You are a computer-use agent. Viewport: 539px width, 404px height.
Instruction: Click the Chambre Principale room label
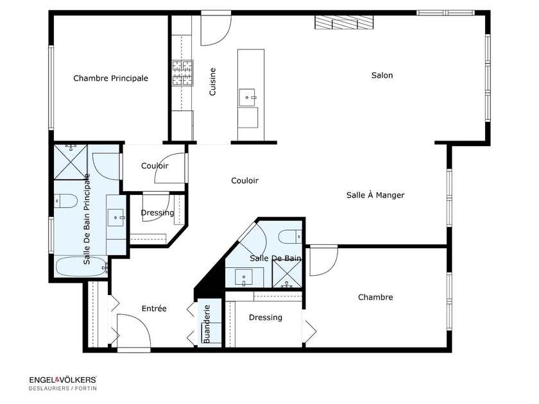coord(110,78)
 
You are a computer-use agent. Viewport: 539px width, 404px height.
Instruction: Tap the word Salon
coord(382,75)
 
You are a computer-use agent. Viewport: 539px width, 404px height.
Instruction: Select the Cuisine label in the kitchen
coord(212,82)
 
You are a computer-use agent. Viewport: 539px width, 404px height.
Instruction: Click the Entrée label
coord(154,308)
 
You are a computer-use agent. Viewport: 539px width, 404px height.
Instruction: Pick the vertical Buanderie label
coord(207,323)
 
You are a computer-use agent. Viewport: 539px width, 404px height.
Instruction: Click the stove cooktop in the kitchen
coord(182,72)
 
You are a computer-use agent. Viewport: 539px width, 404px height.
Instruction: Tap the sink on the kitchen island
coord(248,97)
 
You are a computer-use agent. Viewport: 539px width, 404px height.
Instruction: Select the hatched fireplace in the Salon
coord(343,22)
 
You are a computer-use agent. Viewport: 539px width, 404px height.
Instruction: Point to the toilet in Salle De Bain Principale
coord(65,201)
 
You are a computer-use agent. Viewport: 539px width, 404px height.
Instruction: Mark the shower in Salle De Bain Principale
coord(71,160)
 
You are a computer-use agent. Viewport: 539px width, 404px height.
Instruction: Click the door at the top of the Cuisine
coord(216,29)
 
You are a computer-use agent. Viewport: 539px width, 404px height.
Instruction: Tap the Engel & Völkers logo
coord(62,380)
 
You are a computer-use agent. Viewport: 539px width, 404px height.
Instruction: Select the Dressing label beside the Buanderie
coord(265,317)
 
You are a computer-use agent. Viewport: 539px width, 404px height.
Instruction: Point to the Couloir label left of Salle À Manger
coord(244,181)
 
